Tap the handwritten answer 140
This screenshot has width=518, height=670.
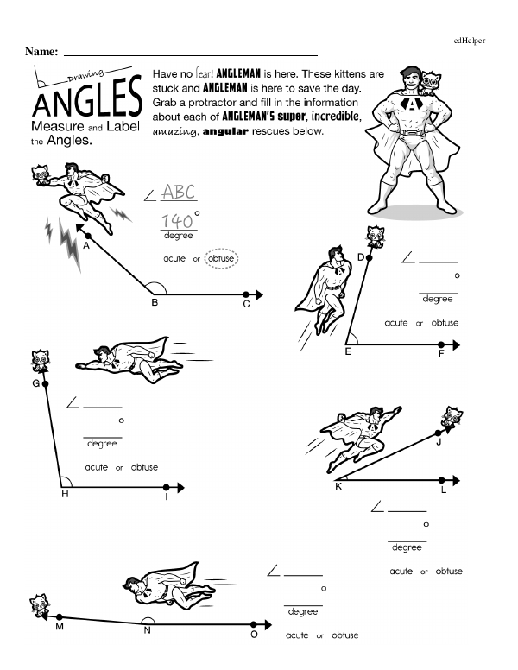point(176,219)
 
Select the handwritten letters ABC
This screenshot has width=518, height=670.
point(180,192)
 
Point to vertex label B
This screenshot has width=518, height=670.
point(155,303)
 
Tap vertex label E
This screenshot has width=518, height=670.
point(348,352)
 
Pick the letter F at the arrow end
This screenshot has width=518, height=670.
point(440,355)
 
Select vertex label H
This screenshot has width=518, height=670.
point(64,494)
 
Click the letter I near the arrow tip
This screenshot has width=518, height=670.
point(166,496)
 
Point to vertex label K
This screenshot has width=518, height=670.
point(338,487)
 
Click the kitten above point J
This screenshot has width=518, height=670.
point(452,419)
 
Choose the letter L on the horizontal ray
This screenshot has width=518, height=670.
point(443,490)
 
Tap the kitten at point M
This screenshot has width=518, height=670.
point(38,604)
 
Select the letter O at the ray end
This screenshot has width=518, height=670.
point(254,635)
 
